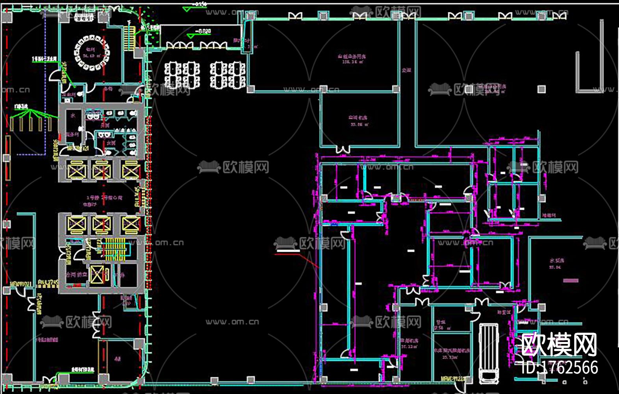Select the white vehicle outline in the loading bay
489,352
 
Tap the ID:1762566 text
560,368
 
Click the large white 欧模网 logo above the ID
559,344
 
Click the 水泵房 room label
557,261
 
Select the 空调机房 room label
358,118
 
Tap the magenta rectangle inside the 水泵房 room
571,281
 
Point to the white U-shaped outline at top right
589,59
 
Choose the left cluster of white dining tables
182,74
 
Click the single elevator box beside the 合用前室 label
97,275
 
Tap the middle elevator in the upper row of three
102,171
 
